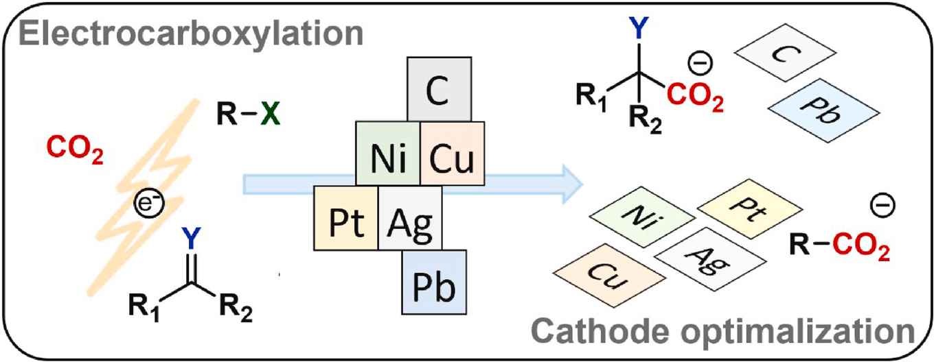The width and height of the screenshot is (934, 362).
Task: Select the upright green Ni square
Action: point(387,155)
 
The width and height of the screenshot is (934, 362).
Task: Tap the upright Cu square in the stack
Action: point(453,155)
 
